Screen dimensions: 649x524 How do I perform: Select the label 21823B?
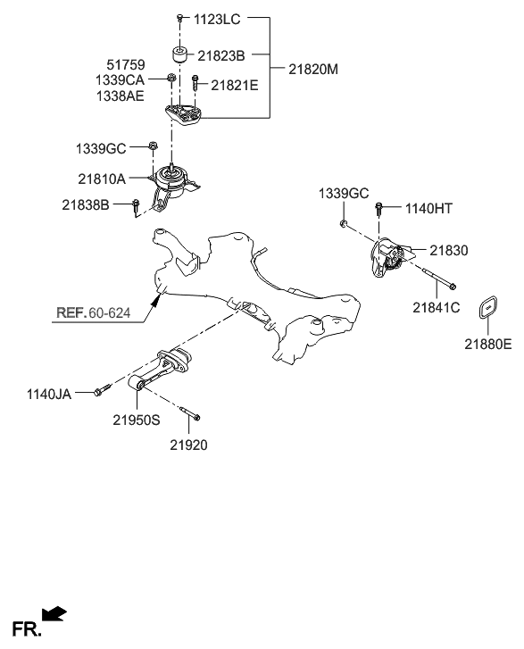(220, 55)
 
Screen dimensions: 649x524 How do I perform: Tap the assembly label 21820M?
(315, 68)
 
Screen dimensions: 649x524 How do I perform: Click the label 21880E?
(487, 342)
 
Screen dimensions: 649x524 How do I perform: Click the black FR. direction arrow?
(54, 612)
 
